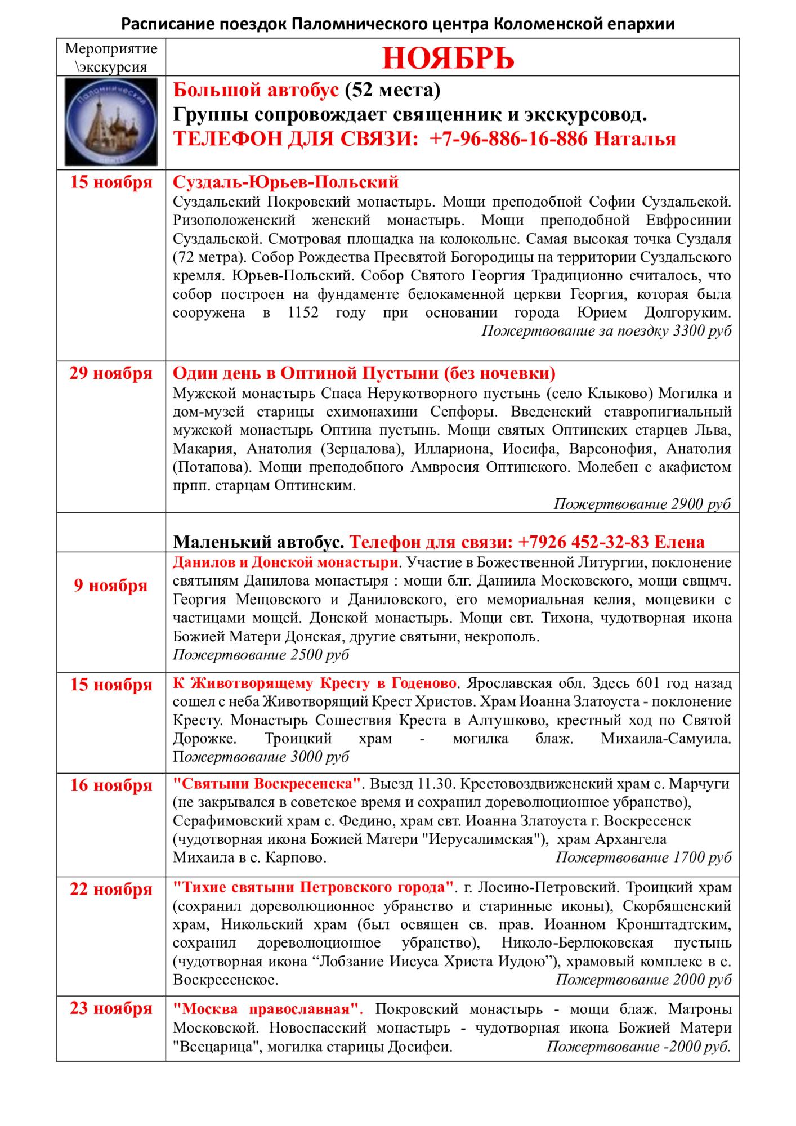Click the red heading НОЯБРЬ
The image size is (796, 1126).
pyautogui.click(x=448, y=57)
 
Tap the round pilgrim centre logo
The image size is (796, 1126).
pyautogui.click(x=111, y=122)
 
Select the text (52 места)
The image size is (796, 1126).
pyautogui.click(x=392, y=90)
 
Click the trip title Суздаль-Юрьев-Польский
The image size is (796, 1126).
pyautogui.click(x=285, y=182)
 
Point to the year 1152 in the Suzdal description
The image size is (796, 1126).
pyautogui.click(x=303, y=312)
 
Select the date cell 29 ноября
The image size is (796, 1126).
pyautogui.click(x=111, y=374)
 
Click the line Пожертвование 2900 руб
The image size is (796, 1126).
pyautogui.click(x=642, y=503)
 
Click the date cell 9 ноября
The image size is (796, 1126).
pyautogui.click(x=111, y=586)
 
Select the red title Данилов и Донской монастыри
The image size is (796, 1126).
pyautogui.click(x=285, y=562)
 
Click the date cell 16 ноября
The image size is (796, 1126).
pyautogui.click(x=111, y=785)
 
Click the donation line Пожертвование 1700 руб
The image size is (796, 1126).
pyautogui.click(x=643, y=857)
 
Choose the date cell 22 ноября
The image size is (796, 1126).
pyautogui.click(x=111, y=890)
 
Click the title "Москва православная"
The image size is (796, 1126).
pyautogui.click(x=267, y=1008)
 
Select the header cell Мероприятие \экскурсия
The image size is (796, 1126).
pyautogui.click(x=111, y=57)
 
